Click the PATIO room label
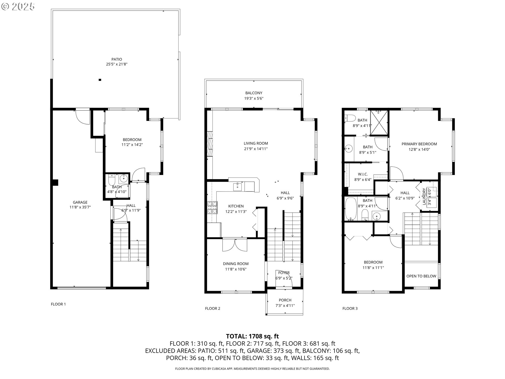click(x=117, y=59)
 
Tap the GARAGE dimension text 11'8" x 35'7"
click(x=80, y=207)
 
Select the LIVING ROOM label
click(x=256, y=143)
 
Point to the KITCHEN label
click(x=236, y=206)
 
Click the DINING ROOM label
click(x=236, y=264)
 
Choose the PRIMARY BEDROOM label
click(x=419, y=144)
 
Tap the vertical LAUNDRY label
click(x=424, y=197)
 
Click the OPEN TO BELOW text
click(x=421, y=276)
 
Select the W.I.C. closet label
click(x=363, y=174)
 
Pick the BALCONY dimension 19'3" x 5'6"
click(x=254, y=98)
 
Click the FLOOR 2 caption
click(x=213, y=308)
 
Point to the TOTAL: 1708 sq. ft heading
click(x=252, y=336)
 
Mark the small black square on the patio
click(x=100, y=80)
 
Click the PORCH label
click(x=285, y=300)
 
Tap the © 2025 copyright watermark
click(x=18, y=7)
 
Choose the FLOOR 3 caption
click(x=350, y=308)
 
